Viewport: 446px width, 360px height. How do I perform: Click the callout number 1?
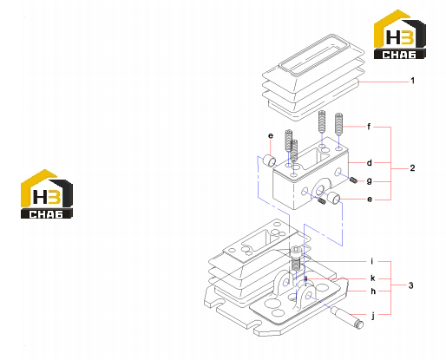tap(413, 81)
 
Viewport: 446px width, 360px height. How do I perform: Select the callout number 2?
tap(412, 168)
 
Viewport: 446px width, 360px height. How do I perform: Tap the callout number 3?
tap(411, 285)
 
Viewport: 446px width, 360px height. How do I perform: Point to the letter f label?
tap(369, 127)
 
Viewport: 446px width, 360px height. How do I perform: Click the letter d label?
tap(370, 163)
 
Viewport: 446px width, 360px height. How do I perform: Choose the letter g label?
tap(370, 181)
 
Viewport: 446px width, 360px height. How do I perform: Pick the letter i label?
tap(372, 261)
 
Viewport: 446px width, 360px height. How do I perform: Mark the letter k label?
tap(373, 278)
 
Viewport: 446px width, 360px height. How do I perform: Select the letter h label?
tap(373, 291)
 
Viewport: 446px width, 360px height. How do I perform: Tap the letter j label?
tap(373, 316)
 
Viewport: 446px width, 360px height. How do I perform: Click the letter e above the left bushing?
tap(271, 135)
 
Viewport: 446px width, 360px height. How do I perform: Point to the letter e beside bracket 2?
tap(370, 200)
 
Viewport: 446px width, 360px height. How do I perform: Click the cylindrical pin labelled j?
tap(347, 317)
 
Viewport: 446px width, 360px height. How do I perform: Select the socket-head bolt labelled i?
tap(296, 258)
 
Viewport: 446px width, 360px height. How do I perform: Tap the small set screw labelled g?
tap(353, 180)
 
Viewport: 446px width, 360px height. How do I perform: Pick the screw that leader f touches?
tap(338, 124)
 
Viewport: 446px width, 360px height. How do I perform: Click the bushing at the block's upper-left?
tap(270, 160)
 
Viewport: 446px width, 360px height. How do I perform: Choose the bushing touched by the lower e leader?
tap(333, 198)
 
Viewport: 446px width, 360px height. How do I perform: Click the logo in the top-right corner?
tap(400, 35)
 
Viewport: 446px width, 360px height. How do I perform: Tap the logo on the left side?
tap(47, 194)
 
